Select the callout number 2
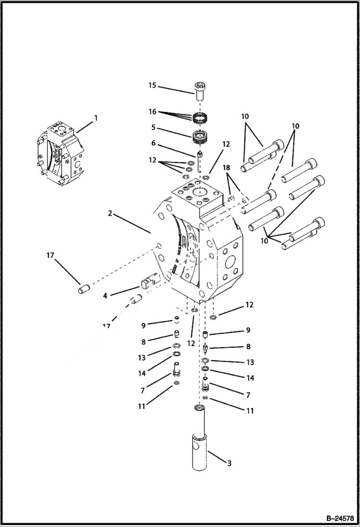tap(111, 213)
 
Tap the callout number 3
tap(229, 463)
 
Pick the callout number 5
tap(152, 128)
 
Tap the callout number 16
tap(152, 111)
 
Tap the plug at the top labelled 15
tap(200, 90)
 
